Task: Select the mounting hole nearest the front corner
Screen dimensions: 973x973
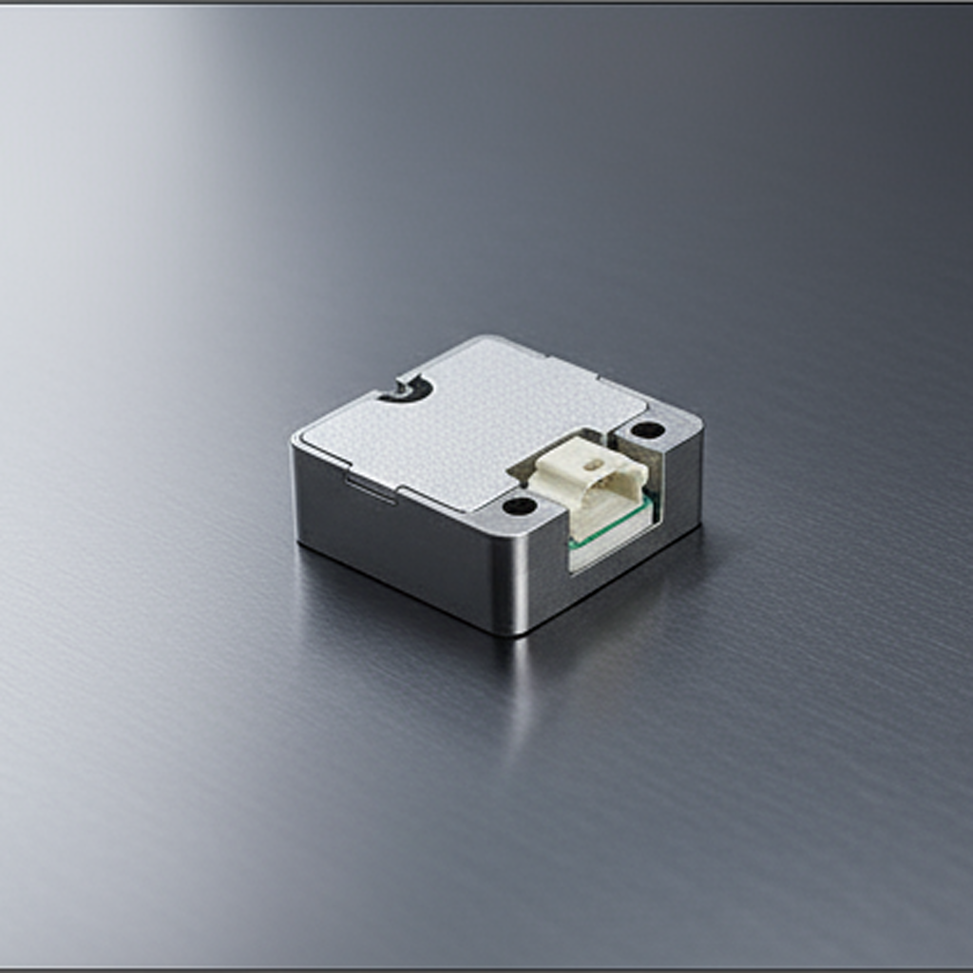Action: pos(520,506)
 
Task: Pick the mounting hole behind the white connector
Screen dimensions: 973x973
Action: pos(648,429)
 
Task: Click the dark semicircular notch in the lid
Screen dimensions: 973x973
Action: pos(408,389)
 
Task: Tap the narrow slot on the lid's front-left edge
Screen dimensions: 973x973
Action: pos(370,486)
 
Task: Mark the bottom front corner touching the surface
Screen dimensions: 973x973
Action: pos(514,631)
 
